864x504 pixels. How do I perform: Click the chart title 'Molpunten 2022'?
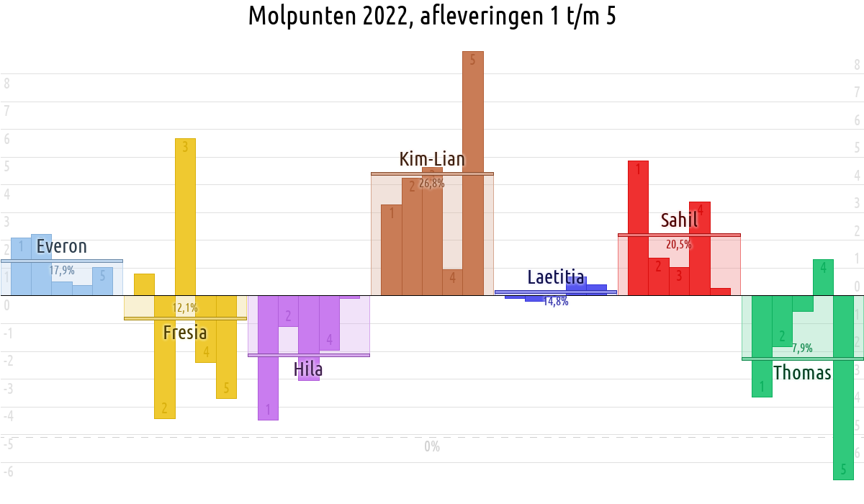click(x=431, y=16)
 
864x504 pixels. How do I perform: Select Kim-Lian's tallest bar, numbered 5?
click(x=472, y=173)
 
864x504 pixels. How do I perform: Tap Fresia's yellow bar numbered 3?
click(x=185, y=216)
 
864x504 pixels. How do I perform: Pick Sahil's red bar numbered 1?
click(x=638, y=228)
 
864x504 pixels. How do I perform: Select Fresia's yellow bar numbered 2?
click(x=164, y=356)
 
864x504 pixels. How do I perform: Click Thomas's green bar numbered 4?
click(x=823, y=277)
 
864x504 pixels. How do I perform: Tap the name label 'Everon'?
click(x=61, y=246)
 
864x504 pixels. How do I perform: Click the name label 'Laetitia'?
click(x=555, y=277)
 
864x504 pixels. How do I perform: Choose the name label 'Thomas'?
click(x=802, y=373)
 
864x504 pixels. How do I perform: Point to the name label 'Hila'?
click(x=308, y=369)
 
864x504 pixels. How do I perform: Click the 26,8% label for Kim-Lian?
click(x=432, y=184)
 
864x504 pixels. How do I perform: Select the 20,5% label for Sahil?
click(x=678, y=245)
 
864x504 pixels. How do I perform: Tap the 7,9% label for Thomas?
click(x=802, y=348)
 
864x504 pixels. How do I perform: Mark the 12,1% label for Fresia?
click(x=184, y=308)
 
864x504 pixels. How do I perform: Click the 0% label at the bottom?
click(x=432, y=447)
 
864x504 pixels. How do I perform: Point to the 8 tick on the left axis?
click(x=6, y=84)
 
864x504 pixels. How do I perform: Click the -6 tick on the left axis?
click(x=8, y=472)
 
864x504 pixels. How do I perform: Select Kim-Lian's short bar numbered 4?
click(x=452, y=282)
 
